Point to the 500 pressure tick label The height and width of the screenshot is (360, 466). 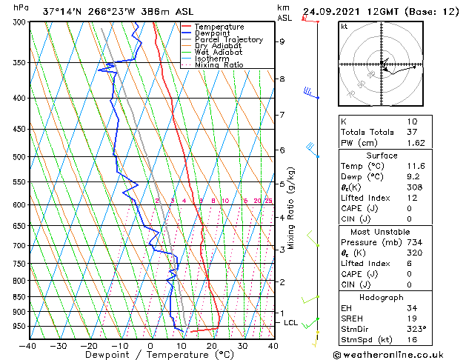pos(16,157)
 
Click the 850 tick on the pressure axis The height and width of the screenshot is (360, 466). pos(16,297)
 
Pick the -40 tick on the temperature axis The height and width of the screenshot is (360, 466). pos(28,346)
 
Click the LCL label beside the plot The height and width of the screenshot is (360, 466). pos(291,323)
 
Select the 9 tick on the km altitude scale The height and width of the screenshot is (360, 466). pos(282,41)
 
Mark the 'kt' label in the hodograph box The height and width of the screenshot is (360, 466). pos(344,27)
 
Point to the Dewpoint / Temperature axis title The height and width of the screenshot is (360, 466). pos(150,355)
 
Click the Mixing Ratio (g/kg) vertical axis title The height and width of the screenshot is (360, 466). pos(292,207)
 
